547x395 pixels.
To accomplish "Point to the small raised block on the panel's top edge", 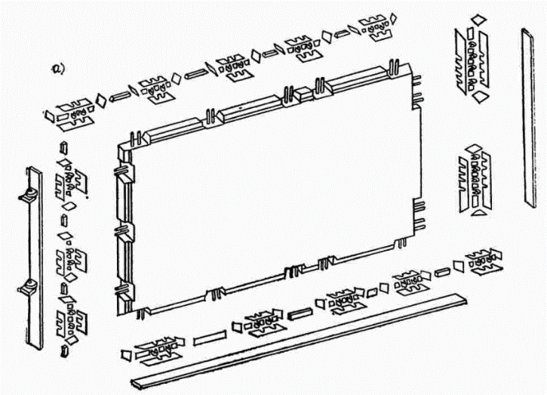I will tap(301, 94).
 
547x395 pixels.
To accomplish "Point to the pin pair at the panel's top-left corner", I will tap(136, 139).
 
